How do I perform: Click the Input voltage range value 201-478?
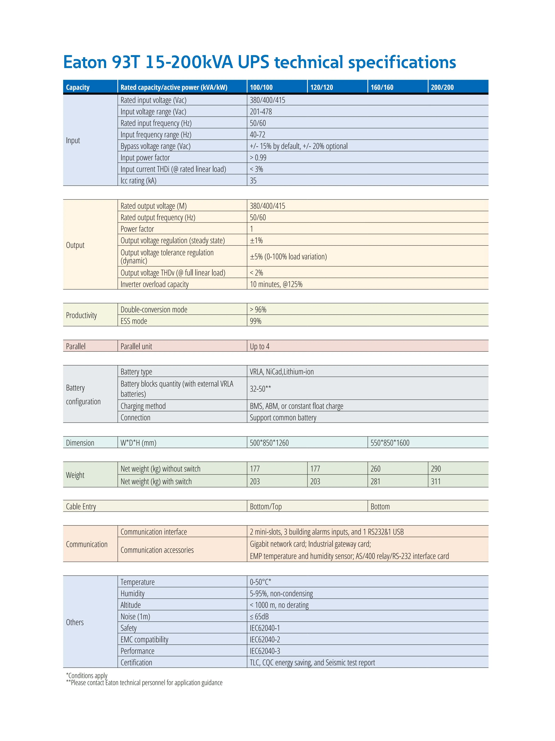(261, 112)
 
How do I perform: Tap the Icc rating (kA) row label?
(138, 180)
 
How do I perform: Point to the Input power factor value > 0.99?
(258, 158)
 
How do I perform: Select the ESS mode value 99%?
(255, 321)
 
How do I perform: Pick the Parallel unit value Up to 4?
(259, 346)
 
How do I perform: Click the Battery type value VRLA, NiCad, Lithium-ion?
(282, 371)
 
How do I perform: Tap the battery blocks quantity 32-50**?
(260, 389)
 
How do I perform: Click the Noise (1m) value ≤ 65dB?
(259, 616)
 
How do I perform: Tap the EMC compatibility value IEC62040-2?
(265, 639)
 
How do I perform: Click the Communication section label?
(87, 544)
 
